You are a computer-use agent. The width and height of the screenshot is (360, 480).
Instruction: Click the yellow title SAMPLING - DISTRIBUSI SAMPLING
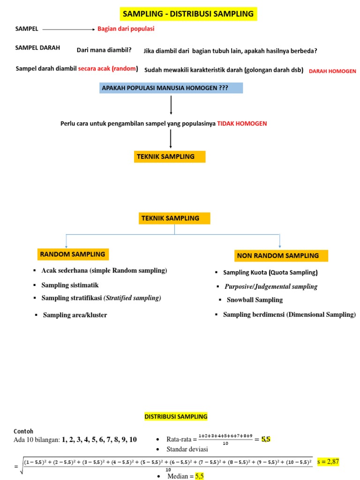pyautogui.click(x=187, y=14)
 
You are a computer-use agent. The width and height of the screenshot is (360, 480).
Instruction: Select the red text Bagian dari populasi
pyautogui.click(x=126, y=29)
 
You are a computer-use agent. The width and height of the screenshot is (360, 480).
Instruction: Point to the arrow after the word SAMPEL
pyautogui.click(x=68, y=29)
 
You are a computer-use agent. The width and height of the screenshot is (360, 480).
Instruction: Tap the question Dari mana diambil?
pyautogui.click(x=104, y=50)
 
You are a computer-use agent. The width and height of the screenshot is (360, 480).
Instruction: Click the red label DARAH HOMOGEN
pyautogui.click(x=332, y=71)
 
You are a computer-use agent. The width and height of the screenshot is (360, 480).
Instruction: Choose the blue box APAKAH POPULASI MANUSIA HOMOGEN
pyautogui.click(x=171, y=87)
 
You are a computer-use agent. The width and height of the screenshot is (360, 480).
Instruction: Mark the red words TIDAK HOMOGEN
pyautogui.click(x=242, y=124)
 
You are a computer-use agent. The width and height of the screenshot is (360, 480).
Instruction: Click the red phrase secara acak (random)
pyautogui.click(x=108, y=68)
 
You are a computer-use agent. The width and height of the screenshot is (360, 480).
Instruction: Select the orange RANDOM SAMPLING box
pyautogui.click(x=73, y=254)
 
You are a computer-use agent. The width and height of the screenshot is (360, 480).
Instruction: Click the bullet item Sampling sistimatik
pyautogui.click(x=70, y=285)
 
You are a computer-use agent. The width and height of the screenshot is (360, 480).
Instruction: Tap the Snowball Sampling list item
pyautogui.click(x=255, y=300)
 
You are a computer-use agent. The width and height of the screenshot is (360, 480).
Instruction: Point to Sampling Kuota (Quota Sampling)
pyautogui.click(x=270, y=272)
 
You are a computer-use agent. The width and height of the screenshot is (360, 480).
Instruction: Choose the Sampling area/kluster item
pyautogui.click(x=75, y=315)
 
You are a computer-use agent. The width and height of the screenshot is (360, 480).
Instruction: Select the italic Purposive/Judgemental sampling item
pyautogui.click(x=271, y=286)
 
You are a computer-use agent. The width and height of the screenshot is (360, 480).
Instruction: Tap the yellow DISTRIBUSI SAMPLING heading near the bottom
pyautogui.click(x=175, y=416)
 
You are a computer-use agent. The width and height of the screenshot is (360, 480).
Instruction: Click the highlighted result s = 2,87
pyautogui.click(x=328, y=462)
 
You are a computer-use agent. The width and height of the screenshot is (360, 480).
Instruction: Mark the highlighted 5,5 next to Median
pyautogui.click(x=199, y=476)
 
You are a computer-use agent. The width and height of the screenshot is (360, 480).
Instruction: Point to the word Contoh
pyautogui.click(x=23, y=431)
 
